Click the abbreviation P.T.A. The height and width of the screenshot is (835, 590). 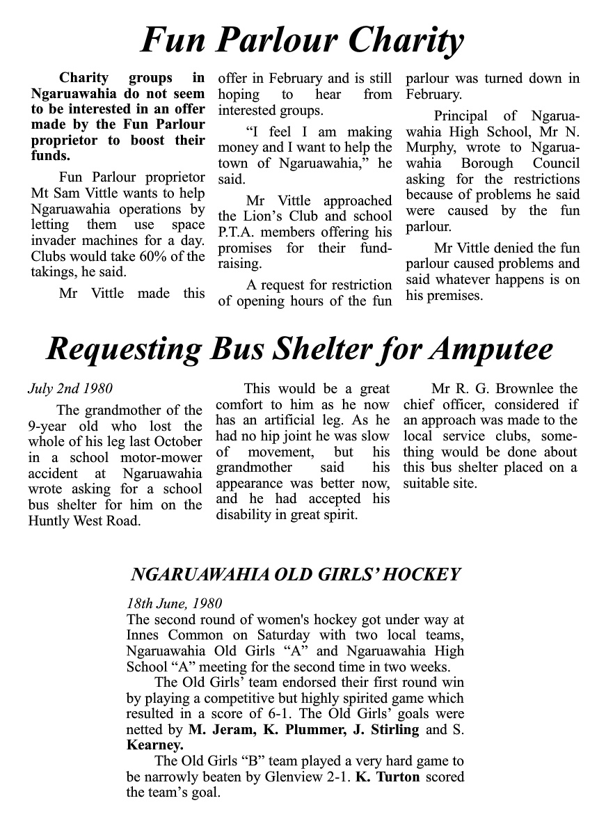(241, 232)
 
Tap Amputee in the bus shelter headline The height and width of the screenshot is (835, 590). (491, 349)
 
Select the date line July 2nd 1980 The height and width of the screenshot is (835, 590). (70, 388)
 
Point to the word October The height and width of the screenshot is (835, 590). (177, 442)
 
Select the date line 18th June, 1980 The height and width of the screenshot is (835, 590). (174, 603)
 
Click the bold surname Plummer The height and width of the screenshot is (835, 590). (289, 730)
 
